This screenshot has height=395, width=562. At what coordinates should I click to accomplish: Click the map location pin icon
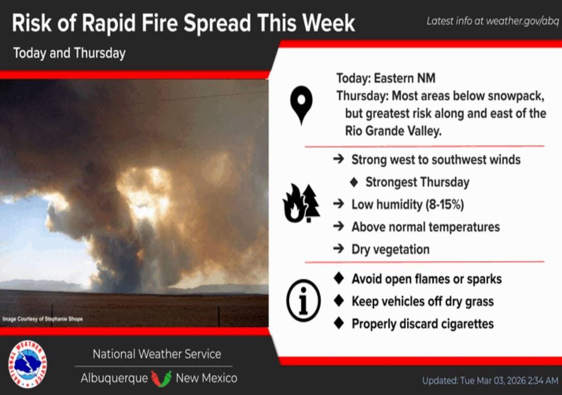point(302,104)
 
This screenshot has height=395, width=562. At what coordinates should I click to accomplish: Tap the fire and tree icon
point(301,204)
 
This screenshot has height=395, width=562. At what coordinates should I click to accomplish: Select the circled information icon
point(303,300)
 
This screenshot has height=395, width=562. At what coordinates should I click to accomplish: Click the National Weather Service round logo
point(27,364)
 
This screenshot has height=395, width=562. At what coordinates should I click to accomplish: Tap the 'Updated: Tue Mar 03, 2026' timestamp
point(490,380)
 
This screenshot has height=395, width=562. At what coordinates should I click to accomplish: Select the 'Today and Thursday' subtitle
point(69,53)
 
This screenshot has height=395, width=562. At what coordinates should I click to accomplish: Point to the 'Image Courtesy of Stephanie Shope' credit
point(42,319)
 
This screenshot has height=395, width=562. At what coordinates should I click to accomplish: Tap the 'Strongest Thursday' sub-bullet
point(417,182)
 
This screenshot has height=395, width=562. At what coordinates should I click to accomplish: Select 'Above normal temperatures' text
point(425,227)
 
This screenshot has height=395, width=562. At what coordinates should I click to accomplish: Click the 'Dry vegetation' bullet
point(390,250)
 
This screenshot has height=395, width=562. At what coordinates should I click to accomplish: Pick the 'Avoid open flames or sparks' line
point(426,279)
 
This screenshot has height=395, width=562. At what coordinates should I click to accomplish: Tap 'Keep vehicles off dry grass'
point(423,301)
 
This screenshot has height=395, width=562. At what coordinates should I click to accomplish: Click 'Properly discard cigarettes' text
point(423,324)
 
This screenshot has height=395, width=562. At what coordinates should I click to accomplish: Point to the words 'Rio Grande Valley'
point(393,131)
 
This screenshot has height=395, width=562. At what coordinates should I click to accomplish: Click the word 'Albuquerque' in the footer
point(114,378)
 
